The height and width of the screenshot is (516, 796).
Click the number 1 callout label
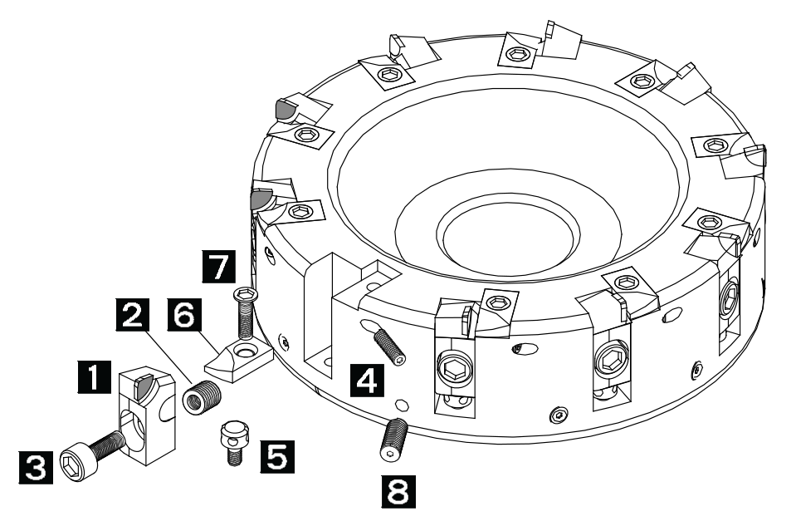pos(95,376)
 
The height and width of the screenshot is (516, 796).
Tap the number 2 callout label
pos(133,315)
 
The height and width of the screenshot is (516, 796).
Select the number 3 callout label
pos(36,467)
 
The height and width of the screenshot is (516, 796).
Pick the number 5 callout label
pos(278,456)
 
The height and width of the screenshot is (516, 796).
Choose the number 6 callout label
pos(183,315)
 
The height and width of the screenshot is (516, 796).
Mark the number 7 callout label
pos(219,267)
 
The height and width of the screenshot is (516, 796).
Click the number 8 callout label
pos(398,491)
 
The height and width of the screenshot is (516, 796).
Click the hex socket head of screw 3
pos(72,464)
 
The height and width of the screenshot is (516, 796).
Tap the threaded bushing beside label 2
pos(202,398)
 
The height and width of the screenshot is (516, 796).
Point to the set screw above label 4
pos(390,346)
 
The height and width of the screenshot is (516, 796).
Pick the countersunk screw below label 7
pos(246,312)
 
